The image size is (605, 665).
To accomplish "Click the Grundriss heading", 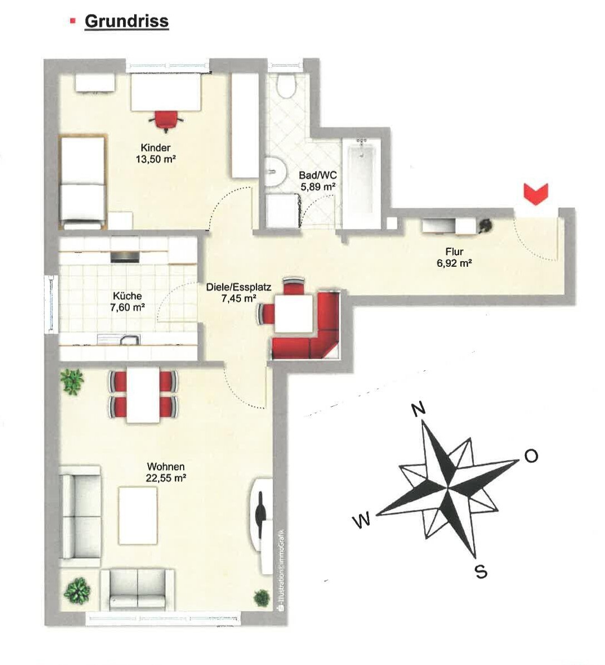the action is tap(126, 21).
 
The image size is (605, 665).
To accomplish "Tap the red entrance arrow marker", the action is tap(537, 194).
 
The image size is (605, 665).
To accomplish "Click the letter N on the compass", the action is tap(418, 409).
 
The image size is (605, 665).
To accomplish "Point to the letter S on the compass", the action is tap(481, 572).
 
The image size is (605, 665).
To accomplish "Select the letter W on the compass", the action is tap(362, 520).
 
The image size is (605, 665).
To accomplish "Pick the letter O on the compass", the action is tap(531, 456).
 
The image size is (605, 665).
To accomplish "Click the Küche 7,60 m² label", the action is tap(127, 301).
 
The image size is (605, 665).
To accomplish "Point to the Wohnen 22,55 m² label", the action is tap(166, 472).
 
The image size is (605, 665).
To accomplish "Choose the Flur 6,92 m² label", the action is tap(455, 257).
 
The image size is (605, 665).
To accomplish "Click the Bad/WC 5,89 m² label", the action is tap(318, 180).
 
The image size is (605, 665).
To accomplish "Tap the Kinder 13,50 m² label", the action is tap(156, 153).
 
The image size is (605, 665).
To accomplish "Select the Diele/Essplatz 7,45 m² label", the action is tap(239, 292).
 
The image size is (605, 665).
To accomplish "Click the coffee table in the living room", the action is tap(138, 515).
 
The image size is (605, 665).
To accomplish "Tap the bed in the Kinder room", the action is tap(82, 182).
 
